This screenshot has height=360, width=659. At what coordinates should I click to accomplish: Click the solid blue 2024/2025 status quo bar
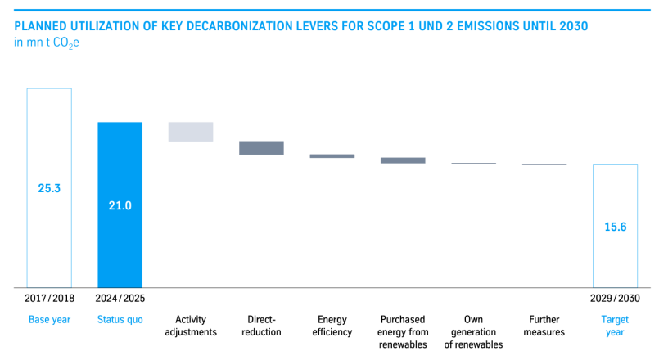coord(120,205)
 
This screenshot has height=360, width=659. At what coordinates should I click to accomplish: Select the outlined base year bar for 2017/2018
coord(27,187)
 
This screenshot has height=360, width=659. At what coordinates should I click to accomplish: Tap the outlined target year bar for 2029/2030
coord(594,226)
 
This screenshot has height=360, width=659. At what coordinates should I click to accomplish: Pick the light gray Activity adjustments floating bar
coord(191,132)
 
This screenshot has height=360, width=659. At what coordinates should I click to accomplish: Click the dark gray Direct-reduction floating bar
coord(261,148)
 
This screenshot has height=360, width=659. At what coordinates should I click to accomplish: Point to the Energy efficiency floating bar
coord(332,155)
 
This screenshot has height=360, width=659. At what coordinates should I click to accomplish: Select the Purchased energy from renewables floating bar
coord(403,160)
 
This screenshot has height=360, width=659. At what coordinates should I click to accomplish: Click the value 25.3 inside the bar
coord(49,188)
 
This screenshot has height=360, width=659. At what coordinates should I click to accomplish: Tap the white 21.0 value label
coord(120,205)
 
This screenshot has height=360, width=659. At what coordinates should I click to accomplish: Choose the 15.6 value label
coord(616,227)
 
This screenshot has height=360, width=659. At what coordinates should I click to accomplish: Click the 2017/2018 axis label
coord(50,299)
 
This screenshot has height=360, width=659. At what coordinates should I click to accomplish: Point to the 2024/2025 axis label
coord(120,299)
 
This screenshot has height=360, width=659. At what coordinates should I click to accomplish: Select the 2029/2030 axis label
coord(615,299)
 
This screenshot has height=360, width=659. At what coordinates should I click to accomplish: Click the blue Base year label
coord(50,320)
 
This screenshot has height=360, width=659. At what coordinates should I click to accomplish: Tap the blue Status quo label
coord(120,320)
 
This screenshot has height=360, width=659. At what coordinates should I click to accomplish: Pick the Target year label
coord(615,326)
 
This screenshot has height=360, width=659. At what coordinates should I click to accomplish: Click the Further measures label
coord(544,326)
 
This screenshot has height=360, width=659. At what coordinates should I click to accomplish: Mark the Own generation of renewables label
coord(474,332)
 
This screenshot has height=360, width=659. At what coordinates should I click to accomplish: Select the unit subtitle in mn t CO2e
coord(47,43)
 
